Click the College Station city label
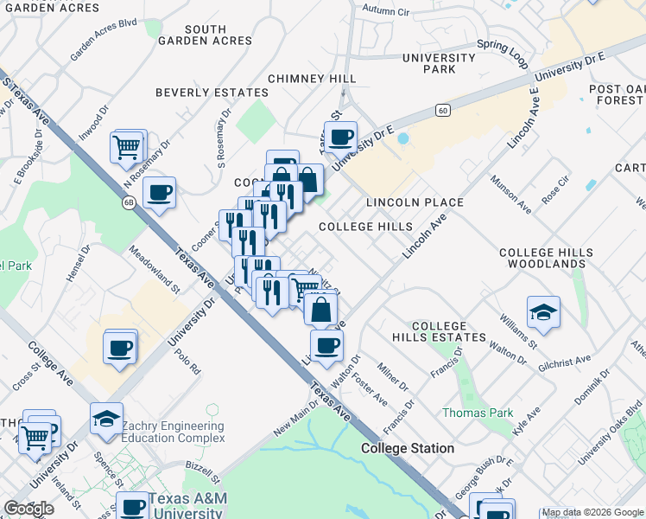tap(407, 448)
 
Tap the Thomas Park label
tap(478, 413)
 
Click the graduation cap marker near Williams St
tap(544, 312)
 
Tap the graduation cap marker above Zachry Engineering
tap(106, 419)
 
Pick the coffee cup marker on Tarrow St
tap(341, 137)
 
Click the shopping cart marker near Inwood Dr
tap(127, 147)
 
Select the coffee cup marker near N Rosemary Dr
tap(159, 193)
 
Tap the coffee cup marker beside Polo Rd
tap(119, 348)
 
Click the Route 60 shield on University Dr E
tap(443, 110)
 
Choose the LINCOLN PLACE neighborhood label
tap(415, 202)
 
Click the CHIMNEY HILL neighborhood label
tap(312, 79)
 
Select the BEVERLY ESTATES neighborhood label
tap(212, 93)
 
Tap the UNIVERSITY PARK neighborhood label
tap(439, 63)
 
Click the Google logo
tap(28, 509)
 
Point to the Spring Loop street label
tap(507, 54)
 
